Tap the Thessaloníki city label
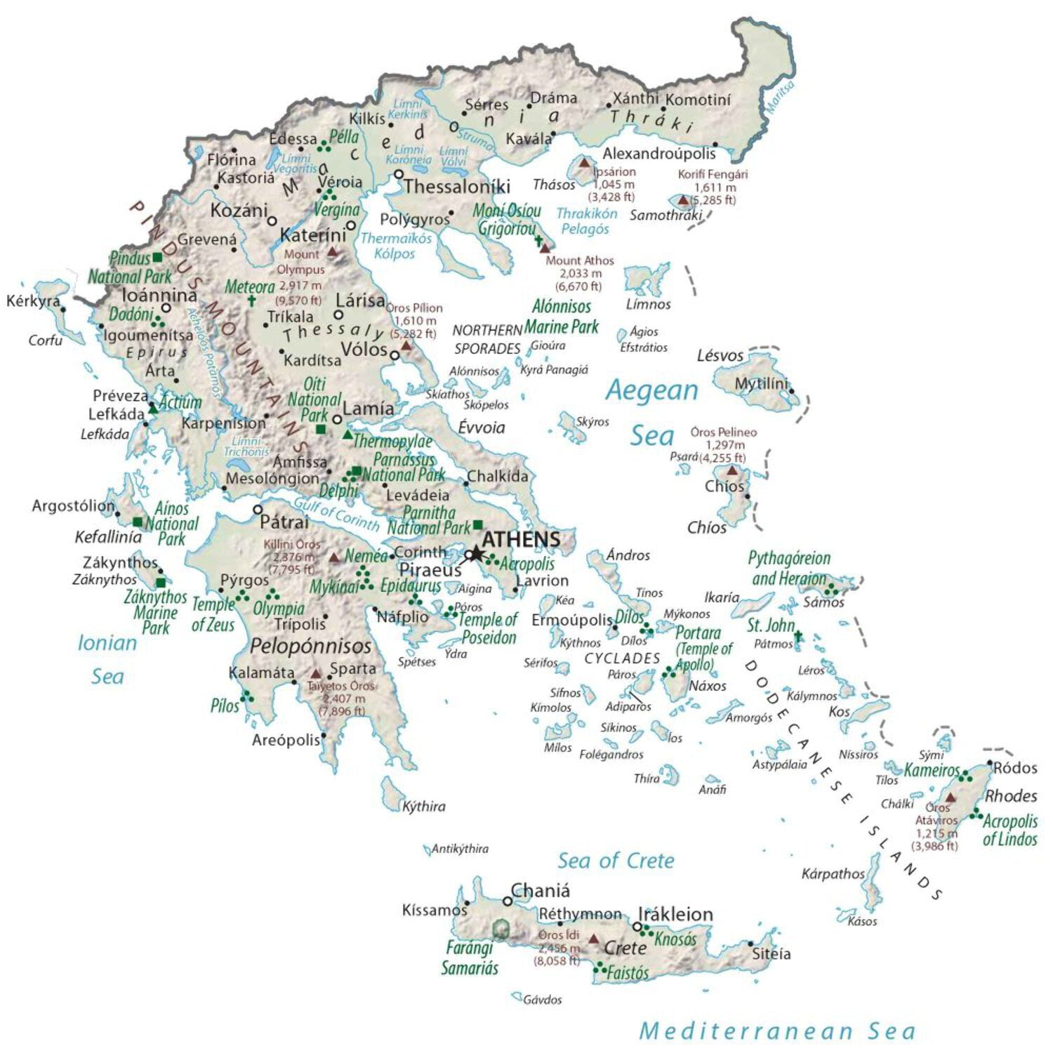point(456,187)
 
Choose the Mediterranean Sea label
point(777,1031)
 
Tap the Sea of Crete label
point(616,861)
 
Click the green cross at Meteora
point(251,300)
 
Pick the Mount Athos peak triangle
point(545,248)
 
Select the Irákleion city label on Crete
point(675,914)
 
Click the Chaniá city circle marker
point(508,901)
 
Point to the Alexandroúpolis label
point(659,153)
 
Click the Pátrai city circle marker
point(258,510)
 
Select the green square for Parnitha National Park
point(478,524)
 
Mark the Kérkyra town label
point(33,301)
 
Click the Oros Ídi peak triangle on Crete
point(593,939)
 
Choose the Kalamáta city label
point(261,673)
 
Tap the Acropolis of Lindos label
point(1009,830)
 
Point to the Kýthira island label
point(423,806)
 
